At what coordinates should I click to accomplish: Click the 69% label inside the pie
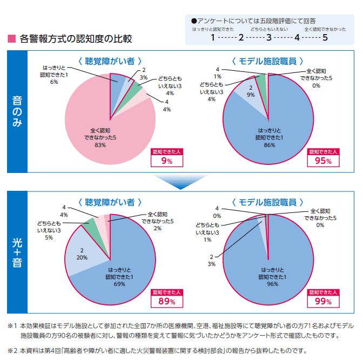click(119, 284)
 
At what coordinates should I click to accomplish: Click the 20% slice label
click(82, 257)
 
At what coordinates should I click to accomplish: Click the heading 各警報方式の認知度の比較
click(76, 39)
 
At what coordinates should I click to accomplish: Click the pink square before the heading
click(11, 39)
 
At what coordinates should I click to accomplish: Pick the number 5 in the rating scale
click(325, 38)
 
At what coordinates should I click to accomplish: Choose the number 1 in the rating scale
click(213, 38)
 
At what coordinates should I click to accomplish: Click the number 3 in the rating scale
click(269, 38)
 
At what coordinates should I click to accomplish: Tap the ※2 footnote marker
click(12, 349)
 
